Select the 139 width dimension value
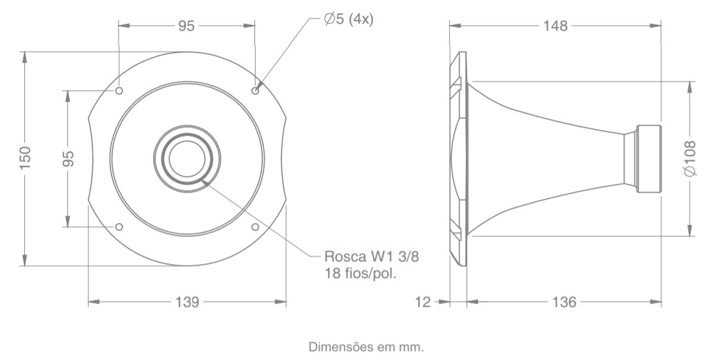tap(186, 301)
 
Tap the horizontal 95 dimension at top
tap(186, 26)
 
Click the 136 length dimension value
tap(564, 301)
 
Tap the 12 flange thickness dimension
tap(422, 301)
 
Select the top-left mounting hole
tap(119, 91)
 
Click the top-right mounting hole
tap(256, 91)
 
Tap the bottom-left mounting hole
tap(119, 227)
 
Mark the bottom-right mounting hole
tap(256, 227)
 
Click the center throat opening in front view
tap(186, 158)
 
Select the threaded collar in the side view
tap(647, 158)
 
